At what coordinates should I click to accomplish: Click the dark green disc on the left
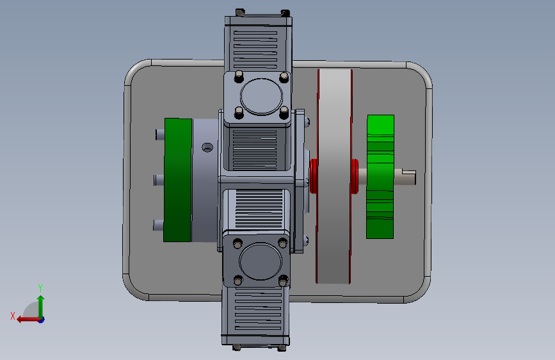[178, 180]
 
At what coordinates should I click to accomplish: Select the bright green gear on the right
[380, 176]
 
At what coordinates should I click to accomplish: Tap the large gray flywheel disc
[334, 176]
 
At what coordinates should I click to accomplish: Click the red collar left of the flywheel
[313, 176]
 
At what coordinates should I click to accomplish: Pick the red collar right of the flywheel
[355, 176]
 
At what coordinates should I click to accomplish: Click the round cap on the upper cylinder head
[261, 96]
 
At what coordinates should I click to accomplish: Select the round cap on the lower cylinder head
[261, 261]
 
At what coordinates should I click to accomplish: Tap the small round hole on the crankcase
[207, 147]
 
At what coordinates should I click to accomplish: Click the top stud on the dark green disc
[160, 135]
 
